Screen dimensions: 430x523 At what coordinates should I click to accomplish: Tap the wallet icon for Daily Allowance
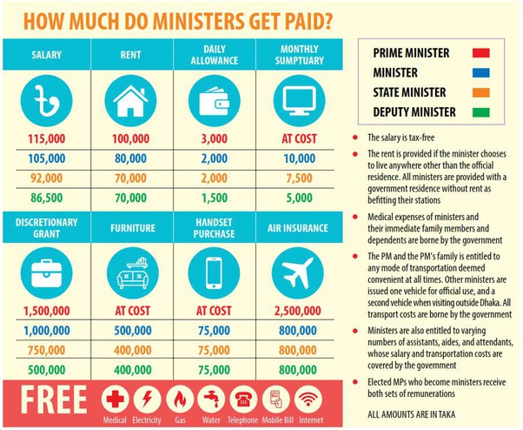[x=215, y=101]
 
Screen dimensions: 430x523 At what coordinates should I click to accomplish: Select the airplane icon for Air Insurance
[x=298, y=272]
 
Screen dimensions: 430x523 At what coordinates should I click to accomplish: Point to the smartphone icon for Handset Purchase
[x=215, y=273]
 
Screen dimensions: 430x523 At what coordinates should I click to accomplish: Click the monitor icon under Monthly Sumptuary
[x=298, y=101]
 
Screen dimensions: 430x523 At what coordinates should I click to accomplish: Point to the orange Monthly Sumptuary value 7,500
[x=298, y=178]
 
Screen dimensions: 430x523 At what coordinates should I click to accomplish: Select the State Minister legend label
[x=410, y=92]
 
